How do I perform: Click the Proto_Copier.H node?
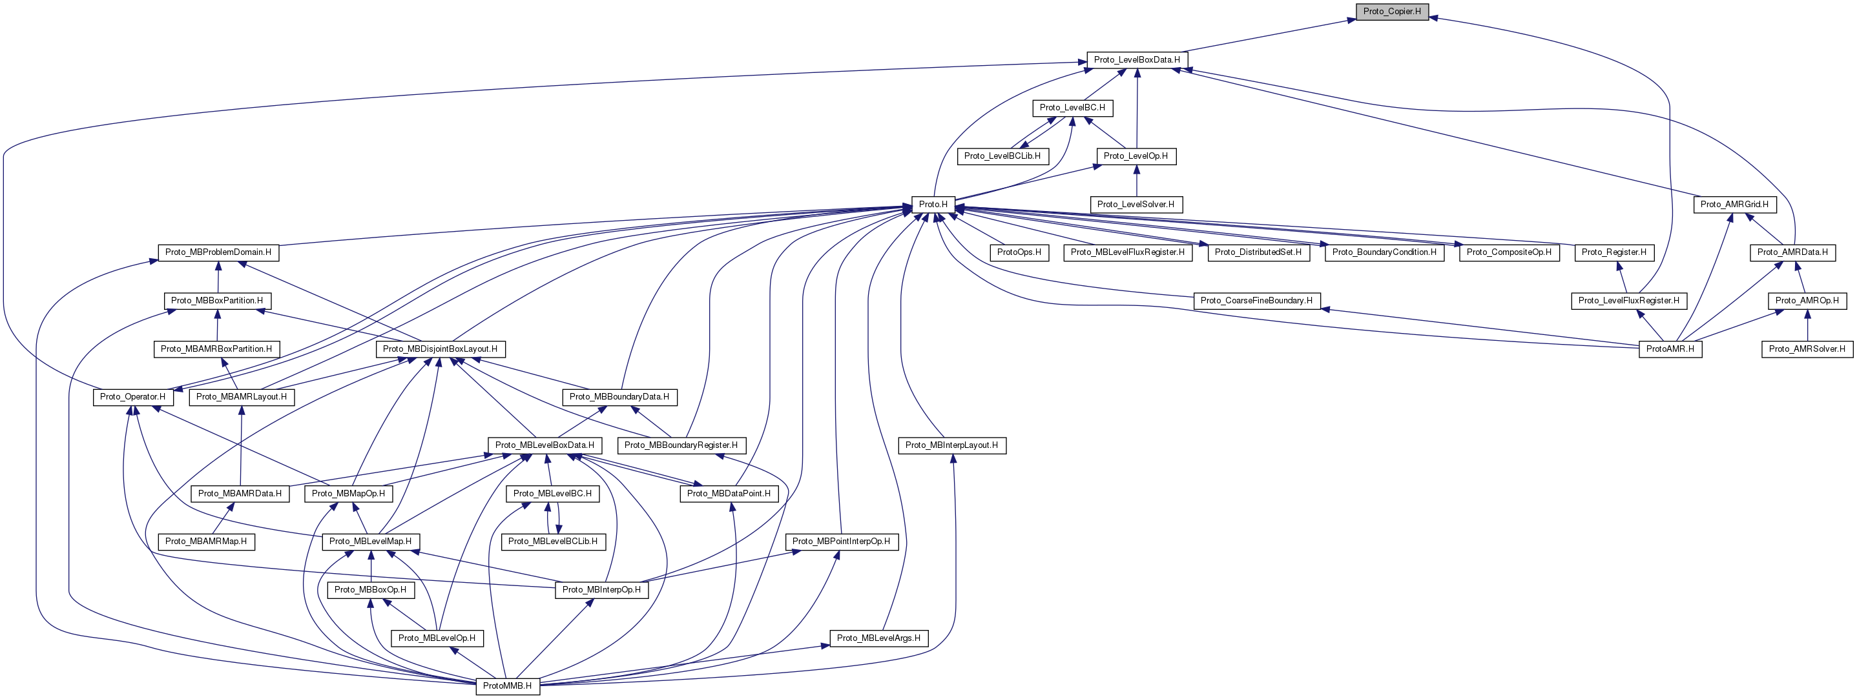click(1391, 12)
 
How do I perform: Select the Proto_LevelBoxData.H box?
click(1136, 60)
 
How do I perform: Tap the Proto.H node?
click(933, 205)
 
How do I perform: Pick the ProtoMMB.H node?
click(507, 686)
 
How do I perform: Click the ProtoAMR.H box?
click(1670, 349)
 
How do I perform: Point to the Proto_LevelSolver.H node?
click(1136, 205)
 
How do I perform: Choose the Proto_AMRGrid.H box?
click(1734, 205)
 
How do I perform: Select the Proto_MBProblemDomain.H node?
click(218, 252)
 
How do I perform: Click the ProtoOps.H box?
click(1019, 252)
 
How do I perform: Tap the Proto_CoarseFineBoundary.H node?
click(1256, 301)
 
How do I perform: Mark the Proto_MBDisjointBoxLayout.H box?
click(440, 349)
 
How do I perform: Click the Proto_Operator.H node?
click(132, 397)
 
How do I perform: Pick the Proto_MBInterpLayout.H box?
click(951, 445)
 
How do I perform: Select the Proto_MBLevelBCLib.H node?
click(552, 541)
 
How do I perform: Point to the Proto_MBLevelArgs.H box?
click(878, 638)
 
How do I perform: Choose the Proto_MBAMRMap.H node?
click(206, 541)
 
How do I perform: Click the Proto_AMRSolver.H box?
click(1807, 349)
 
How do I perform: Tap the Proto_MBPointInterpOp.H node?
click(840, 541)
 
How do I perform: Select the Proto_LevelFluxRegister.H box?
click(1628, 301)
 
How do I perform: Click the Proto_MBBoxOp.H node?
click(370, 589)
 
